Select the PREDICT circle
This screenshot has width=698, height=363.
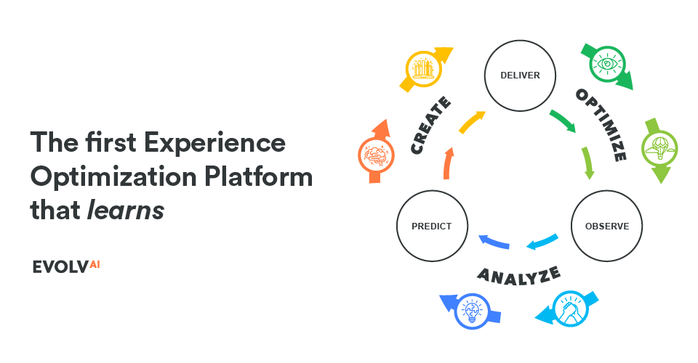coord(432,226)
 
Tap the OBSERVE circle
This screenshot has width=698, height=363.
coord(606,226)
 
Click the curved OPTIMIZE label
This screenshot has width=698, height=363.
coord(601,124)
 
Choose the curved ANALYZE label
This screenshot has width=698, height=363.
coord(518,274)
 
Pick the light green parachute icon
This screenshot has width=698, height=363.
coord(659,148)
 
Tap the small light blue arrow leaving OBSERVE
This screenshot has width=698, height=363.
coord(542,242)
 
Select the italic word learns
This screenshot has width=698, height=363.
coord(125,210)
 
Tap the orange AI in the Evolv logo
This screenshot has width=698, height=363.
coord(95,265)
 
